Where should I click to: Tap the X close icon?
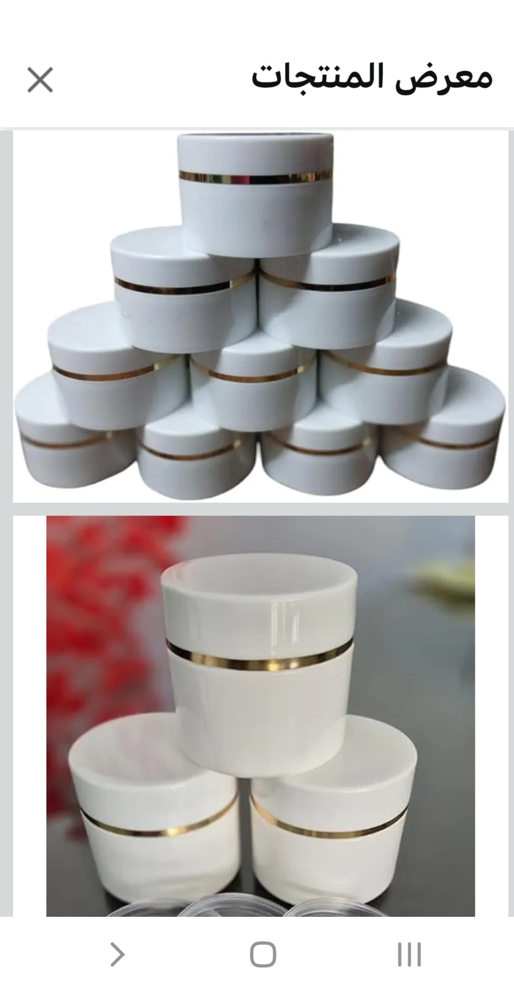(x=40, y=80)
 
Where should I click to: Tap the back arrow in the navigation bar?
(x=117, y=954)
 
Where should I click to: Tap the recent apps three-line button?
(x=409, y=954)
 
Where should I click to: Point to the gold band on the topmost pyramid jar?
(x=256, y=177)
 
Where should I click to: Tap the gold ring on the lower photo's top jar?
(x=261, y=663)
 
